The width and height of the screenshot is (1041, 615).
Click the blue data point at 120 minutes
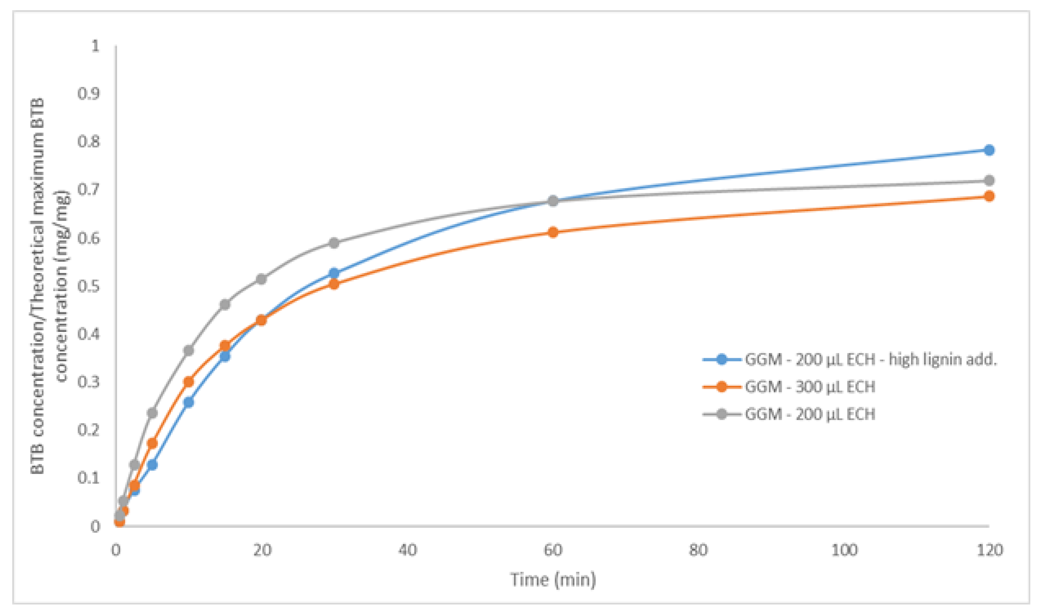coord(989,150)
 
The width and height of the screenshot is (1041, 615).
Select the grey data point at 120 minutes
coord(989,181)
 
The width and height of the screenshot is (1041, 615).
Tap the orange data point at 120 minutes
coord(989,196)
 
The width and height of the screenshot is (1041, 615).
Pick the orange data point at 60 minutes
coord(553,232)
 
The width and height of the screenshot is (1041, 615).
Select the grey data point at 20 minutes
coord(261,279)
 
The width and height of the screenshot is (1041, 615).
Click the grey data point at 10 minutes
coord(189,350)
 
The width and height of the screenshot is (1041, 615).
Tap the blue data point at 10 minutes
coord(189,402)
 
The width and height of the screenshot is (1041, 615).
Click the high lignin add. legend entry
coord(870,359)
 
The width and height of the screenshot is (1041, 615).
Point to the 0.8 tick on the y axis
coord(89,142)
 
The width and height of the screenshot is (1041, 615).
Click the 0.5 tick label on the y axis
coord(89,286)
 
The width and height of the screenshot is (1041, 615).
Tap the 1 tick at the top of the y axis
coord(95,46)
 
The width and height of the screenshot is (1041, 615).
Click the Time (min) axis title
coord(553,579)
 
